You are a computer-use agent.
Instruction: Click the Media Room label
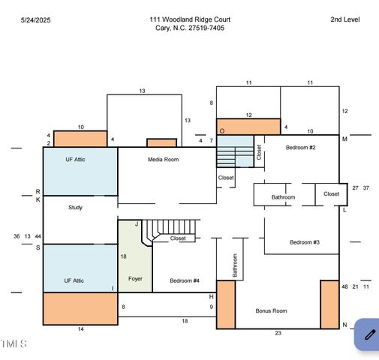point(163,159)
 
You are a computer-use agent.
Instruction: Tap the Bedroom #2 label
point(300,148)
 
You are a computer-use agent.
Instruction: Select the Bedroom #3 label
point(305,242)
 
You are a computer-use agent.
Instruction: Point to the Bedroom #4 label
point(185,280)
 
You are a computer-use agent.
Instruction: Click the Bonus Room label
point(271,310)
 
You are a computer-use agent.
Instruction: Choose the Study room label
point(75,208)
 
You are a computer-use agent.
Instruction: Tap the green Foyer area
point(135,256)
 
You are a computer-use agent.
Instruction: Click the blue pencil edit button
point(367,334)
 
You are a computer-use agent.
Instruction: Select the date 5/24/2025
point(36,20)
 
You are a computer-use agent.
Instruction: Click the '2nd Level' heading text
point(345,19)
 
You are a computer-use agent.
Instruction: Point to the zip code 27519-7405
point(206,28)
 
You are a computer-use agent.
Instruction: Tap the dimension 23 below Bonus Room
point(278,333)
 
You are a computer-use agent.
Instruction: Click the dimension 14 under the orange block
point(80,329)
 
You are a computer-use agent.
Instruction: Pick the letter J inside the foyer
point(137,223)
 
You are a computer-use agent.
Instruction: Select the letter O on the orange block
point(222,131)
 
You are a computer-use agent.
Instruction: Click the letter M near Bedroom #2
point(344,139)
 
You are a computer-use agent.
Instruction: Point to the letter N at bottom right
point(344,325)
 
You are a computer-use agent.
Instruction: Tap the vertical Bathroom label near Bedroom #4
point(235,265)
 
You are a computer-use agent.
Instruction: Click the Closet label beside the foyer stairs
point(178,238)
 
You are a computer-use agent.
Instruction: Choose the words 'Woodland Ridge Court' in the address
point(197,19)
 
